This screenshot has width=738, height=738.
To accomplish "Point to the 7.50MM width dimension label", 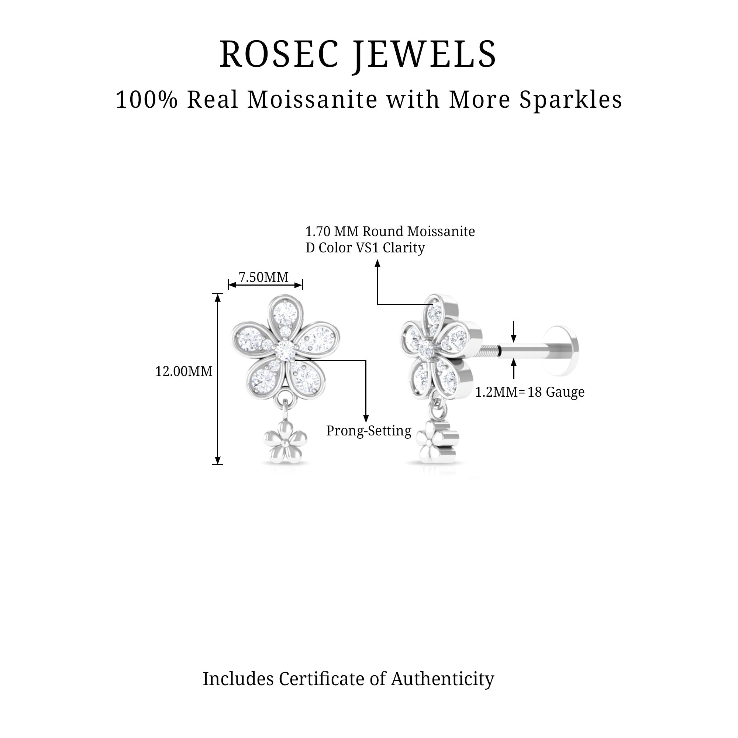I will [263, 277].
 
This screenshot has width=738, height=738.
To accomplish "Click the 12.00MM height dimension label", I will [183, 371].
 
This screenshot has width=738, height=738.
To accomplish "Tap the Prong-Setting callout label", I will [369, 431].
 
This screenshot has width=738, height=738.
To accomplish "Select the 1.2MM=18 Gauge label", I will [530, 392].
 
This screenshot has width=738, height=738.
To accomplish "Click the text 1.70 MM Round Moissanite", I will [390, 231].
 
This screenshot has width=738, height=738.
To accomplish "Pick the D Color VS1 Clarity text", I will [365, 248].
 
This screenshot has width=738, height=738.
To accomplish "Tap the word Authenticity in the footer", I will [442, 679].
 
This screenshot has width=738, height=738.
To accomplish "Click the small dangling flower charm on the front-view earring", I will [285, 443].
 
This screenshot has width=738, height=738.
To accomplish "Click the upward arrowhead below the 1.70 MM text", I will [377, 263].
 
